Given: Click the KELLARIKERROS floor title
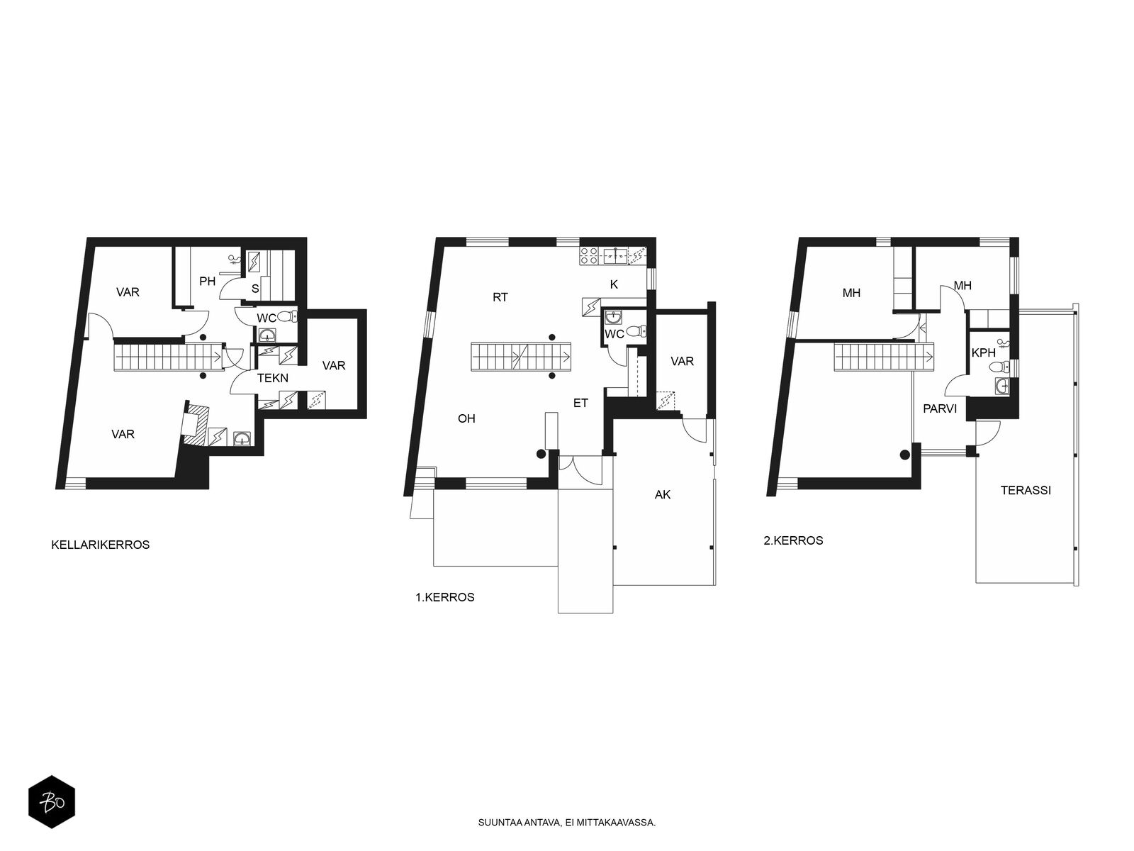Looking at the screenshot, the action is click(x=100, y=545).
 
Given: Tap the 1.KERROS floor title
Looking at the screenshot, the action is click(x=445, y=597).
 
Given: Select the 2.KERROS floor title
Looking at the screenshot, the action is click(x=793, y=540).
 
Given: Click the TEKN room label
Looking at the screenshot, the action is click(x=273, y=378).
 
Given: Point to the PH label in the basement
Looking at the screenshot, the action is click(x=207, y=282).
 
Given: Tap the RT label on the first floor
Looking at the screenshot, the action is click(x=500, y=297).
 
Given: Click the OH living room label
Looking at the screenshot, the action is click(x=466, y=418).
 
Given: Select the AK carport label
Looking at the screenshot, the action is click(x=662, y=494).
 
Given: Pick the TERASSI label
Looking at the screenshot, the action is click(x=1026, y=490).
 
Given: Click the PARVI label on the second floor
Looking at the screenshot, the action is click(x=940, y=408).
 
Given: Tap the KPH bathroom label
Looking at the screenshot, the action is click(x=983, y=353).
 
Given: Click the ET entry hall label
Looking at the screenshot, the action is click(x=580, y=403).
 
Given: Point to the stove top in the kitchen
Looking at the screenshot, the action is click(x=590, y=256).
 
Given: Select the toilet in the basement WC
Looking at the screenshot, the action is click(x=287, y=316).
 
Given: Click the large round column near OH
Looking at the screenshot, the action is click(x=541, y=455).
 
